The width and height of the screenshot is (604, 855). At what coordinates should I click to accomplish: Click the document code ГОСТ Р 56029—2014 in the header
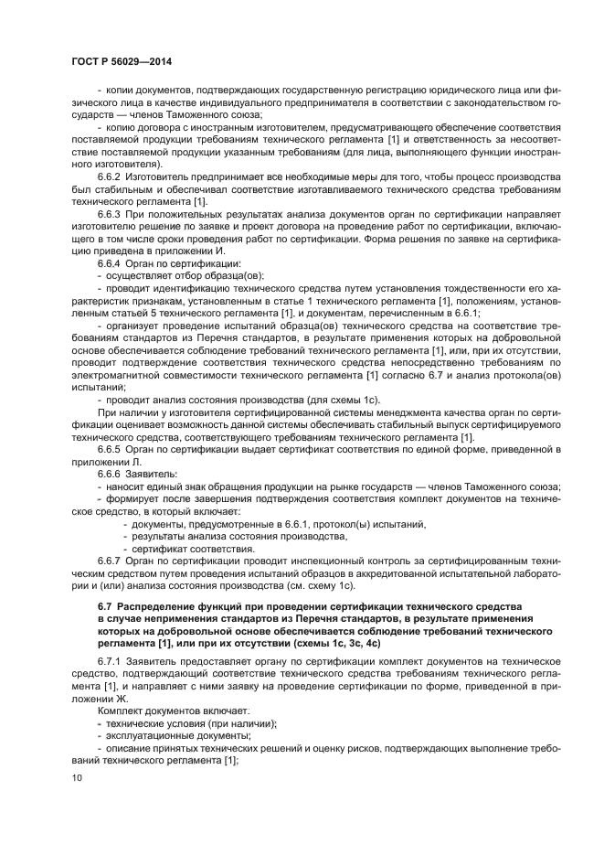point(121,61)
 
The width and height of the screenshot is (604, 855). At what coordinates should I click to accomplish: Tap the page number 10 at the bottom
point(76,777)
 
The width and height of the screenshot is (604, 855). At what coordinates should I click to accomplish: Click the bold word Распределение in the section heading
point(159,606)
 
